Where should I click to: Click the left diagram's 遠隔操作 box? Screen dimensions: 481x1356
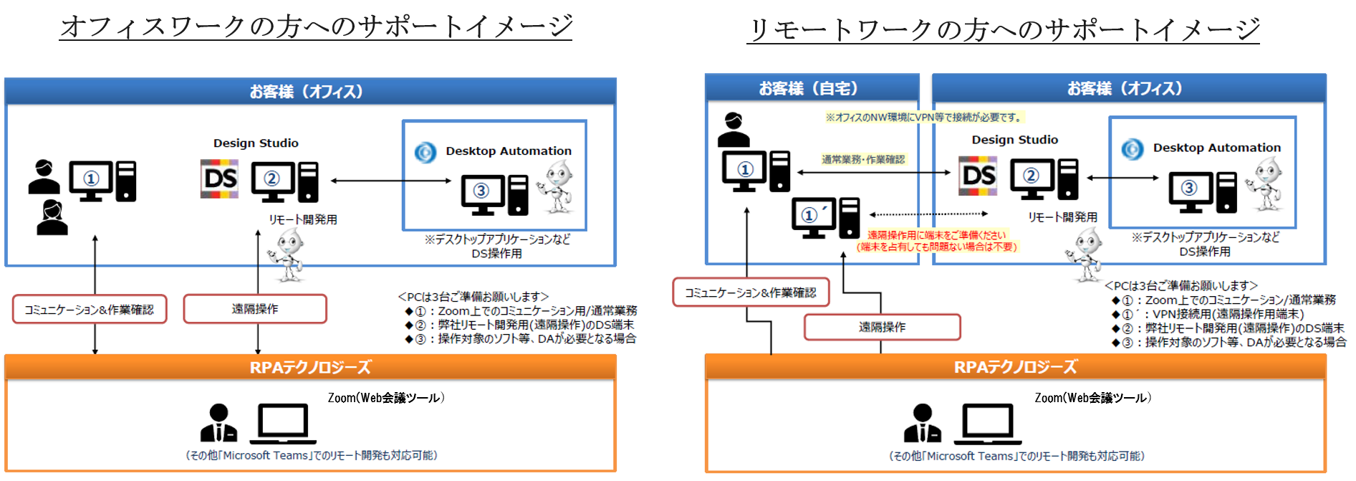(x=255, y=309)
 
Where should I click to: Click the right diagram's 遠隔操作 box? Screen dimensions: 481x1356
(x=882, y=327)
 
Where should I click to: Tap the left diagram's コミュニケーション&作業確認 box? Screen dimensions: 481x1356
(x=90, y=310)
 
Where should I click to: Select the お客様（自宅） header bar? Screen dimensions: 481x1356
(x=812, y=88)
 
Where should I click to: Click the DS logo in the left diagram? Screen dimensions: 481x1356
(x=219, y=178)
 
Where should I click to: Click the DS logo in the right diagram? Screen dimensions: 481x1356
(x=978, y=176)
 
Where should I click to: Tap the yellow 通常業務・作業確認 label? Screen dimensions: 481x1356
(x=862, y=159)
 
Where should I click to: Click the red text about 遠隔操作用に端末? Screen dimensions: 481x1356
(x=936, y=241)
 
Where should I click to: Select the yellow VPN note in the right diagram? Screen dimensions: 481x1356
(x=924, y=117)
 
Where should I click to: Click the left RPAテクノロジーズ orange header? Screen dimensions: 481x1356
(x=310, y=367)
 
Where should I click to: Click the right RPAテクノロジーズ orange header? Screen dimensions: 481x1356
(x=1015, y=367)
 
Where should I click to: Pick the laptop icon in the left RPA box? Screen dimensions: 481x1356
(x=283, y=423)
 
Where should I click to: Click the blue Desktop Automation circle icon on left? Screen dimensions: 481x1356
(x=425, y=152)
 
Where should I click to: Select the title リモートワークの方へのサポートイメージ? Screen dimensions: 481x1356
(x=1003, y=29)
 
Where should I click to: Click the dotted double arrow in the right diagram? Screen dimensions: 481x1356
(x=928, y=214)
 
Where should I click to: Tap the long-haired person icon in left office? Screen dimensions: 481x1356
(x=52, y=218)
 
